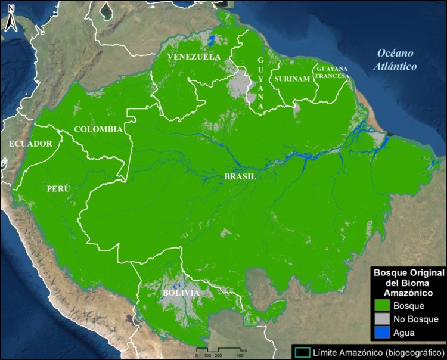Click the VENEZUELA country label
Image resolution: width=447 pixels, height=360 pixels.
click(194, 57)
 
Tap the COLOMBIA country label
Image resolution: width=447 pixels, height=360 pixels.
click(98, 129)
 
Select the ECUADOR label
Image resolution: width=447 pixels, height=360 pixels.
click(30, 144)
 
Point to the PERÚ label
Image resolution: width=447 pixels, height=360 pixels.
click(58, 188)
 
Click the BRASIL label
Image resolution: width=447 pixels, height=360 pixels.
click(240, 177)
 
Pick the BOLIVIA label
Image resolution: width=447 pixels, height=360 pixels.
click(181, 293)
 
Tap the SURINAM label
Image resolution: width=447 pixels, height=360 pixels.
click(291, 79)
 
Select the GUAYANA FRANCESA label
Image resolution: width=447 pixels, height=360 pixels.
click(332, 72)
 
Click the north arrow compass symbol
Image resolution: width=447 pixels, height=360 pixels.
click(11, 21)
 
